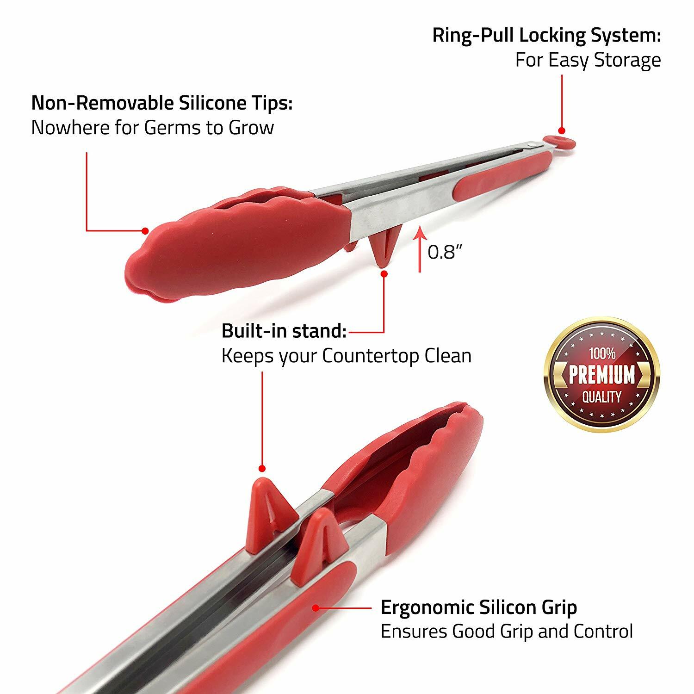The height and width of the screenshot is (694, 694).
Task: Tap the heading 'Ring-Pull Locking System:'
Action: click(x=546, y=36)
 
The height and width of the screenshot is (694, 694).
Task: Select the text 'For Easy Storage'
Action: click(x=588, y=61)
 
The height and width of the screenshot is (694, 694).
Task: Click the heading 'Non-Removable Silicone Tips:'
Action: click(x=162, y=103)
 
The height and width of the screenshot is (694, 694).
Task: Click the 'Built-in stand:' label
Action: click(x=284, y=331)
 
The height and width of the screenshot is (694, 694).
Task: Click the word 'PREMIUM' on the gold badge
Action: click(x=602, y=375)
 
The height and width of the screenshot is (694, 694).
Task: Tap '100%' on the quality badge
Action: click(x=602, y=354)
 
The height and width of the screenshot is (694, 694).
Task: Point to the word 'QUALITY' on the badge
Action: click(x=602, y=397)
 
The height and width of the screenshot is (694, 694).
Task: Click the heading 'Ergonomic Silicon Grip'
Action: click(x=479, y=607)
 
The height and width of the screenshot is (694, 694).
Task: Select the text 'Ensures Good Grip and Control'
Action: click(x=507, y=632)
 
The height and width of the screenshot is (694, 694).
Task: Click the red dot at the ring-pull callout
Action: click(x=562, y=130)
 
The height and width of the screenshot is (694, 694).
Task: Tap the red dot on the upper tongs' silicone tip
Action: click(x=145, y=230)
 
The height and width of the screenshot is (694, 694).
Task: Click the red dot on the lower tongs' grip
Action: click(x=316, y=607)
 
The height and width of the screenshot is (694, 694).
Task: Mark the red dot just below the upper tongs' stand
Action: click(x=384, y=274)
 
